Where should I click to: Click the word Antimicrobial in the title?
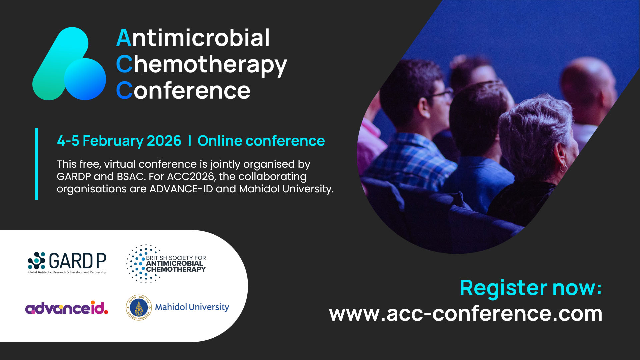click(193, 38)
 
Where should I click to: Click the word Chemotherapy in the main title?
click(201, 65)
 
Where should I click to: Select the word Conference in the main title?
click(183, 91)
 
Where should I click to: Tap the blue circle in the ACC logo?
click(85, 79)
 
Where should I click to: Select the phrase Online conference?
click(261, 141)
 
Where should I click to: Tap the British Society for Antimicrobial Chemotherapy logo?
click(166, 264)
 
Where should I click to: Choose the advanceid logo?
click(67, 308)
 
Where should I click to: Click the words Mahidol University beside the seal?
click(192, 307)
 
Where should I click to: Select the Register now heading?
click(531, 288)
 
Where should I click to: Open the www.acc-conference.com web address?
click(466, 314)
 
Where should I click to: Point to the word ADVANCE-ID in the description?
click(181, 189)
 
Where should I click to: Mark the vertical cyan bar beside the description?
click(37, 164)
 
